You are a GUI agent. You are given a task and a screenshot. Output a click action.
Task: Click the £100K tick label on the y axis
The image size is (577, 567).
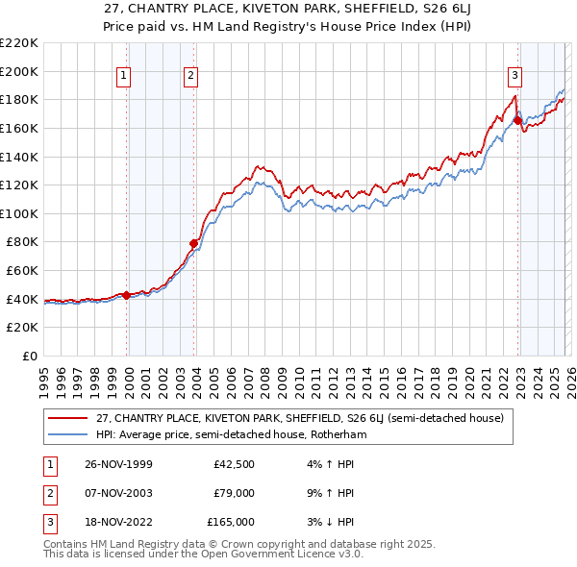19,213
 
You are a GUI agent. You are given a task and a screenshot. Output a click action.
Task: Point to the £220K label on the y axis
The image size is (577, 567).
19,43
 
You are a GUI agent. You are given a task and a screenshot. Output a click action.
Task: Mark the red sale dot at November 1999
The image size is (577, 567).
127,295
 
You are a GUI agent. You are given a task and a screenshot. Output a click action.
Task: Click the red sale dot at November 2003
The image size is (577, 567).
194,243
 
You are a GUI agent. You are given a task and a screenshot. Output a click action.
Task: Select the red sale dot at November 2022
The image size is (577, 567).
517,120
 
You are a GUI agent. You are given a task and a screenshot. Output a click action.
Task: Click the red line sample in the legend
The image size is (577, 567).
68,418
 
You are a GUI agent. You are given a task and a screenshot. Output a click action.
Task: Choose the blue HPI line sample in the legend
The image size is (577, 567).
68,434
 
